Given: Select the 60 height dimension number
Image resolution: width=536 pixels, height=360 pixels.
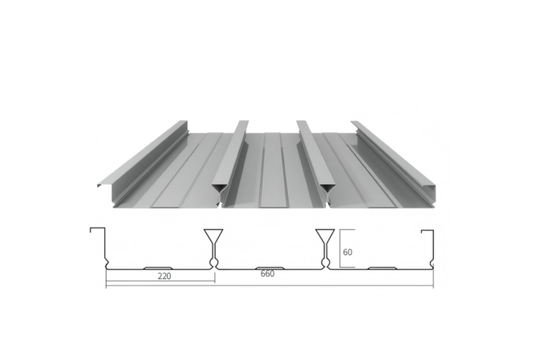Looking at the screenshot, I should [x=348, y=251].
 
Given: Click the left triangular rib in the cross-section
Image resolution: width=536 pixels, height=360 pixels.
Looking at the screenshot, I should [x=213, y=239].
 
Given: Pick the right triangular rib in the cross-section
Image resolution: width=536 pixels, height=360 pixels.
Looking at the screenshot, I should [x=325, y=239].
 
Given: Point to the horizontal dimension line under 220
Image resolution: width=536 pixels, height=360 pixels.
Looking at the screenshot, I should [x=160, y=281].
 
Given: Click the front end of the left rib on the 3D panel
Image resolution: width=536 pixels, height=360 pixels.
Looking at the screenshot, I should [x=218, y=190].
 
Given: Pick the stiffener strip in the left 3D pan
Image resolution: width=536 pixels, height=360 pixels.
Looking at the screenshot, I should [x=180, y=172].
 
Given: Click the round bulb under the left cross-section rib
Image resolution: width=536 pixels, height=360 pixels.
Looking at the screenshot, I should [x=213, y=261].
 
